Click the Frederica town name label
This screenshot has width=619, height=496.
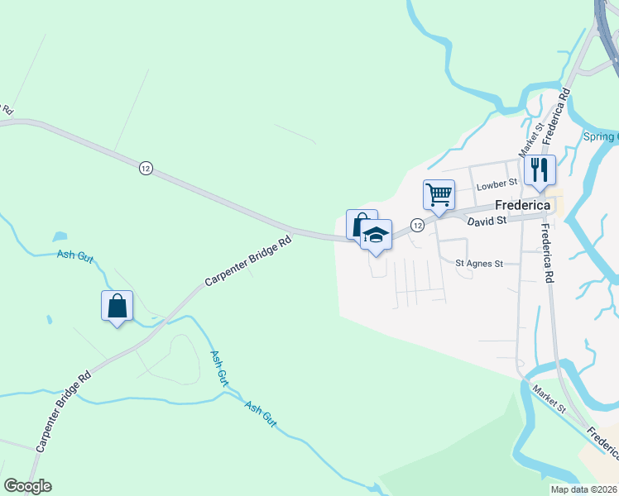(x=522, y=205)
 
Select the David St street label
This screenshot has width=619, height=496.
(x=486, y=222)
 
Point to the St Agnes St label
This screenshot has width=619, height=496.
(x=479, y=264)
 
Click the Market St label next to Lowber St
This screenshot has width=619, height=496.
(x=530, y=139)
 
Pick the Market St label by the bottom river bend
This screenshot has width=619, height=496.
(x=548, y=398)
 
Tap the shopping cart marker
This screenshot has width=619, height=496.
(x=439, y=195)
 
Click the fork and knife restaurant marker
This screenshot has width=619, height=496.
(x=540, y=169)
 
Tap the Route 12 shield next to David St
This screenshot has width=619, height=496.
(x=417, y=225)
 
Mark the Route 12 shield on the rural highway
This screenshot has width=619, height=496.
(x=146, y=167)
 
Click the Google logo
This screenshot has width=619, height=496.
(x=27, y=486)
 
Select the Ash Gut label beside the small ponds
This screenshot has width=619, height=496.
(x=74, y=256)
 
